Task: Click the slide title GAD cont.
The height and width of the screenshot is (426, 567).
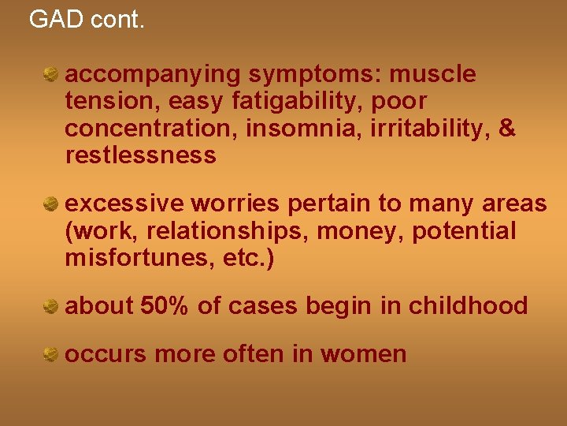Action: click(x=87, y=19)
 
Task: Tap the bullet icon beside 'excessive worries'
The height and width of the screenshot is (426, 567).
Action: click(x=51, y=204)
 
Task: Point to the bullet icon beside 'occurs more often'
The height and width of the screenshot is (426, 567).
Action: click(x=51, y=354)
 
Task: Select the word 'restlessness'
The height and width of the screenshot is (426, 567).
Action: click(x=140, y=155)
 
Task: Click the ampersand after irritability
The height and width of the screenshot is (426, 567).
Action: click(x=507, y=129)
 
